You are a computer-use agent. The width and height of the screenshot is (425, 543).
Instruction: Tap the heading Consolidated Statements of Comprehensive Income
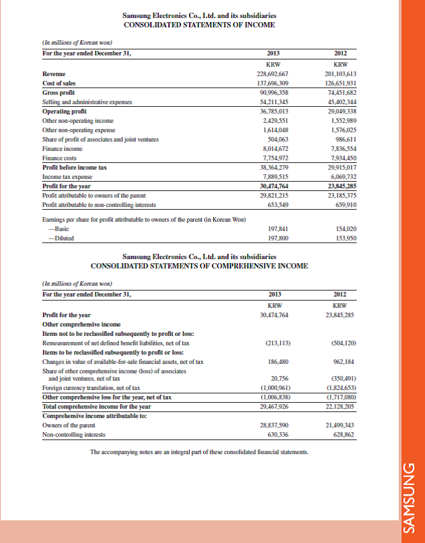[x=199, y=266]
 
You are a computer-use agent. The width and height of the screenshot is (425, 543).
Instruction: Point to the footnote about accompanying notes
[x=199, y=452]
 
